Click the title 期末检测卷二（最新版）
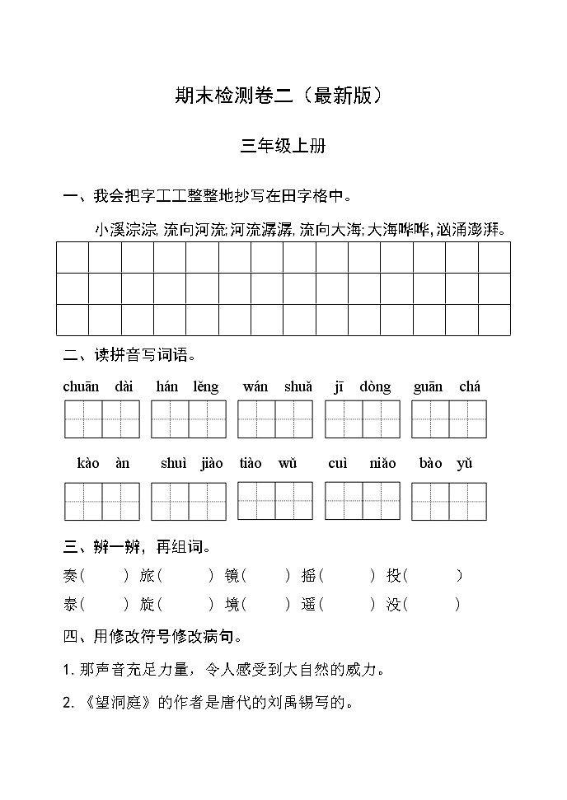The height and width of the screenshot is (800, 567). [x=283, y=96]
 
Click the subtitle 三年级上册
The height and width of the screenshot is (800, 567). [x=283, y=146]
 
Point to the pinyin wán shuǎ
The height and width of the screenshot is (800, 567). [x=277, y=386]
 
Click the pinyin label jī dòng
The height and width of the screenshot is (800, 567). [x=362, y=386]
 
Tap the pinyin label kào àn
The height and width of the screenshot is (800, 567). [x=103, y=463]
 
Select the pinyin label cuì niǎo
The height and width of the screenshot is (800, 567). [x=362, y=463]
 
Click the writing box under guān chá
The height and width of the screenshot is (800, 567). [x=449, y=419]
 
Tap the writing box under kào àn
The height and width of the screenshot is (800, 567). [x=102, y=501]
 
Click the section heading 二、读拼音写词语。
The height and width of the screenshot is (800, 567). [x=129, y=356]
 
